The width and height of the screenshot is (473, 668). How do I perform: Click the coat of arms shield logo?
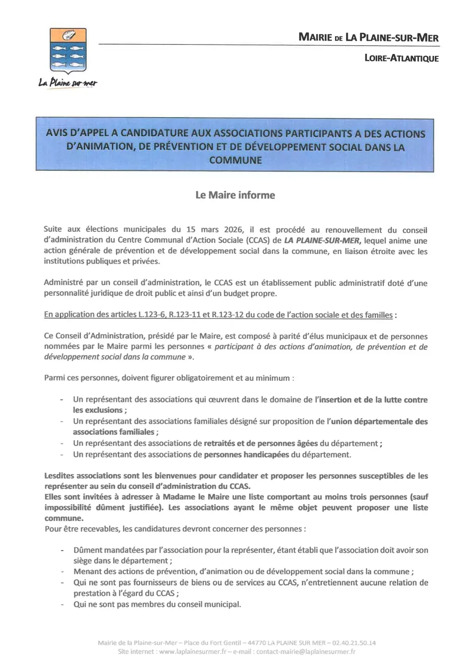(x=68, y=50)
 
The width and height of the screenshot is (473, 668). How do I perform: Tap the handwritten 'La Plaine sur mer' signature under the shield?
(x=68, y=83)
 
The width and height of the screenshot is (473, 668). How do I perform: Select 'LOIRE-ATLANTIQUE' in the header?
(x=401, y=58)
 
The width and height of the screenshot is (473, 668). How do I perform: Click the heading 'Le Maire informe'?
(x=235, y=195)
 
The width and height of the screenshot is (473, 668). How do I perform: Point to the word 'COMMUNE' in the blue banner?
(x=235, y=160)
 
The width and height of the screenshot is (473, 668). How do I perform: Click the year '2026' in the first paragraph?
(x=233, y=230)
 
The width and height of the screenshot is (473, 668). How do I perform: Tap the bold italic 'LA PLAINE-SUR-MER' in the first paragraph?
(x=322, y=240)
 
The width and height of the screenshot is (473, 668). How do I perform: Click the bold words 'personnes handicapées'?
(x=246, y=454)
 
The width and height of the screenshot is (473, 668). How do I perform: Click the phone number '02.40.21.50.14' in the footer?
(x=354, y=643)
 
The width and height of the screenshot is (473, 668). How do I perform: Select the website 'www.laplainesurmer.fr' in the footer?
(x=193, y=652)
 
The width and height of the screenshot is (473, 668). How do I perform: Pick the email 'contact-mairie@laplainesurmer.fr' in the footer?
(x=306, y=652)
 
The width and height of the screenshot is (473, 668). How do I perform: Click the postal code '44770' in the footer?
(x=256, y=643)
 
